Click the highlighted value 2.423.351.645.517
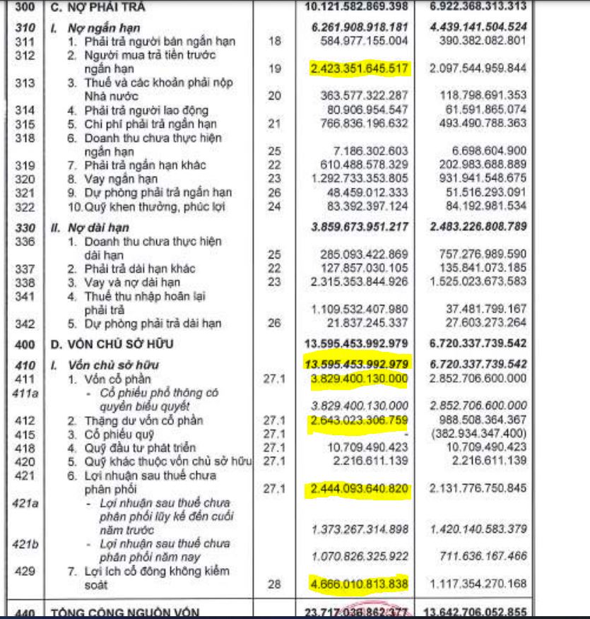(359, 68)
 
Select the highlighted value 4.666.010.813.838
(359, 584)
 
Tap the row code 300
(23, 7)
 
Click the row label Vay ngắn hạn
(112, 179)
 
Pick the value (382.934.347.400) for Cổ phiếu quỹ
(478, 434)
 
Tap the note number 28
(275, 584)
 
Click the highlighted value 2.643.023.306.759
(359, 420)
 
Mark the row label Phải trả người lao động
(138, 110)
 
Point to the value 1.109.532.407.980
(359, 309)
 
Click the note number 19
(275, 68)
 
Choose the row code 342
(23, 324)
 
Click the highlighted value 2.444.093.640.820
(359, 489)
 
